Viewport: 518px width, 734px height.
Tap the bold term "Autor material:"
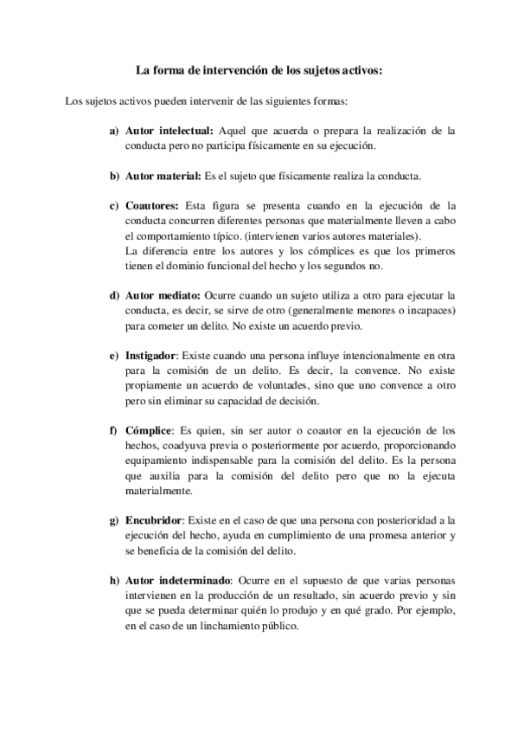[x=163, y=177]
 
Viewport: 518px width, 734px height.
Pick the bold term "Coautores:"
[x=151, y=206]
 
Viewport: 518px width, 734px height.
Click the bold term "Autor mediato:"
[x=163, y=296]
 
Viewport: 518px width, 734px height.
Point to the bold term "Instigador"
[x=150, y=357]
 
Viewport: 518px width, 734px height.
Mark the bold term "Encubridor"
[x=153, y=520]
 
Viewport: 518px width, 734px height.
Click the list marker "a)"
[x=113, y=131]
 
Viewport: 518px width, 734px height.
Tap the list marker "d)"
[x=113, y=296]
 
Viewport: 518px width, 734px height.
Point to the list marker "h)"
[x=113, y=580]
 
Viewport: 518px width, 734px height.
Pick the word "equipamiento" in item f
[x=156, y=461]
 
